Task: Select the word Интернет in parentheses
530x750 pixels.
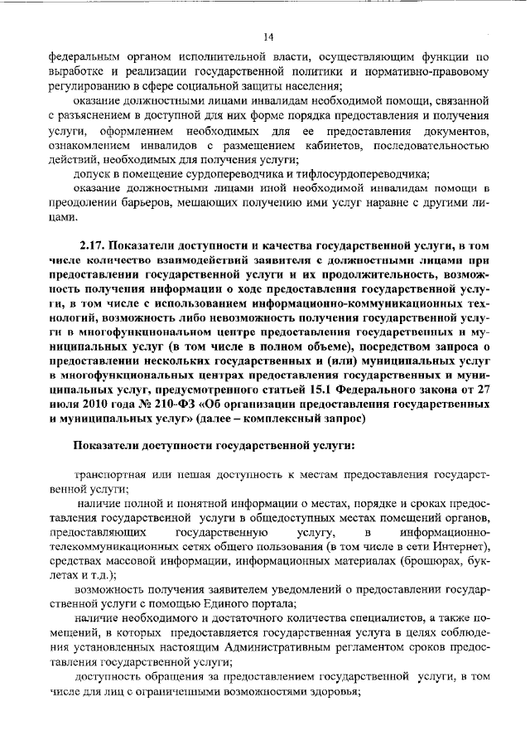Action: pyautogui.click(x=452, y=551)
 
